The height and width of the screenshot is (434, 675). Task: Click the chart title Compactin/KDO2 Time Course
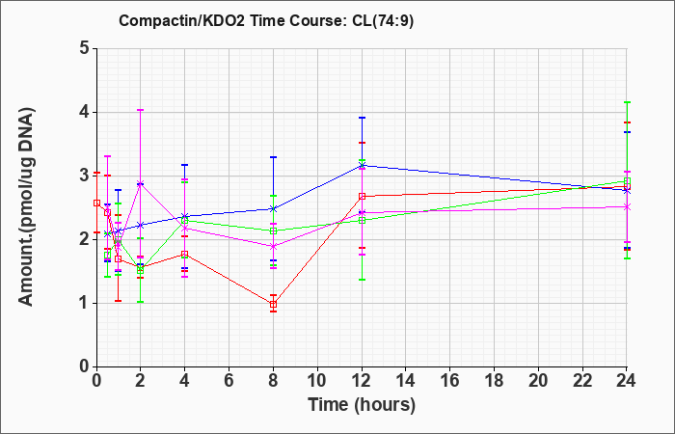tap(230, 20)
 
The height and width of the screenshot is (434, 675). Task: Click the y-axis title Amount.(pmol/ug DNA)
tap(26, 207)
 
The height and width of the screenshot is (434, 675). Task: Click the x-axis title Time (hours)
tap(362, 405)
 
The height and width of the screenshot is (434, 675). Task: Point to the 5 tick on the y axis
tap(84, 48)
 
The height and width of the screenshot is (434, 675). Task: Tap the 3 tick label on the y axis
tap(84, 176)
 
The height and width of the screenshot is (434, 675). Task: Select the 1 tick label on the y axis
tap(84, 303)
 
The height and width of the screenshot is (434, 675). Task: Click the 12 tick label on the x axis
tap(362, 380)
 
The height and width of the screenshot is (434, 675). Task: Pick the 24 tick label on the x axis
tap(627, 380)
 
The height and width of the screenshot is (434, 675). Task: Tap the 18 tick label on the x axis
tap(494, 380)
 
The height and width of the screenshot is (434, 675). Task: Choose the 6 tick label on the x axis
tap(229, 380)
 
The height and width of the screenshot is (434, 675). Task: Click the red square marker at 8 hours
tap(273, 305)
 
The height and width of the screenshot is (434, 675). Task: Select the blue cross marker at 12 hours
tap(362, 165)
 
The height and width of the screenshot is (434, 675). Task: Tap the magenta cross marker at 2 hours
tap(140, 183)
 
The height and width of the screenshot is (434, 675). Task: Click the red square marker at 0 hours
tap(96, 203)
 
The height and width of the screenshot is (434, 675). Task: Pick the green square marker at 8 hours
tap(273, 231)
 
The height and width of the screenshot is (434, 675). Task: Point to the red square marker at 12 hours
tap(362, 197)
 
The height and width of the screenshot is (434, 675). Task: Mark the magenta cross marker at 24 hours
tap(627, 207)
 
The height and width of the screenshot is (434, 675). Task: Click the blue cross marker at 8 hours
tap(273, 209)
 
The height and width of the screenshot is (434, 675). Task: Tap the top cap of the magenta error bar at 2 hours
tap(140, 110)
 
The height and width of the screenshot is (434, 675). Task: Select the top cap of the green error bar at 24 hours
tap(627, 102)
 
